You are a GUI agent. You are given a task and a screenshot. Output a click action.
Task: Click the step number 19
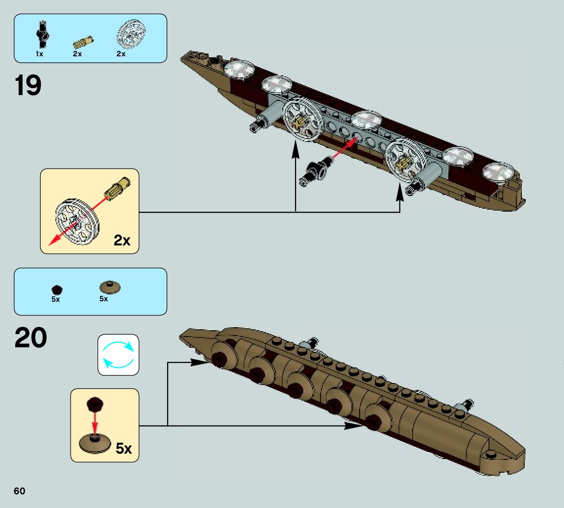pos(28,86)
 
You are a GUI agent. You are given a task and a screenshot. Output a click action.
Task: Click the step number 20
pos(31,338)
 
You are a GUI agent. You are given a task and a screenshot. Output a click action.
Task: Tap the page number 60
pos(20,491)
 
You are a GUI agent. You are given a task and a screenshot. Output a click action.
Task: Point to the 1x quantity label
pos(39,54)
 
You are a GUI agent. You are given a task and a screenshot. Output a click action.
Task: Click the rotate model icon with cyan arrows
pos(118,355)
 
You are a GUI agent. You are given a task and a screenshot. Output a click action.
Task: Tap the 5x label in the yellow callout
pos(123,448)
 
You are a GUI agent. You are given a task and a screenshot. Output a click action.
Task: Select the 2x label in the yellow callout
pos(122,241)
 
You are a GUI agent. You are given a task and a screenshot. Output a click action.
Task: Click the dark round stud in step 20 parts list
pos(57,290)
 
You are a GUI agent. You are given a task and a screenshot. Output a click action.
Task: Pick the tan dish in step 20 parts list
pos(110,287)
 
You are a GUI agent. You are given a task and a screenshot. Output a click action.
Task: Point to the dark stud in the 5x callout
pos(95,405)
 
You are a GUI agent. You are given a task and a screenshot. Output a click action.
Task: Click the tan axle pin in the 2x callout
pos(118,189)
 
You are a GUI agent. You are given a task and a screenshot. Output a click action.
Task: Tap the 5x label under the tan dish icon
pos(103,299)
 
